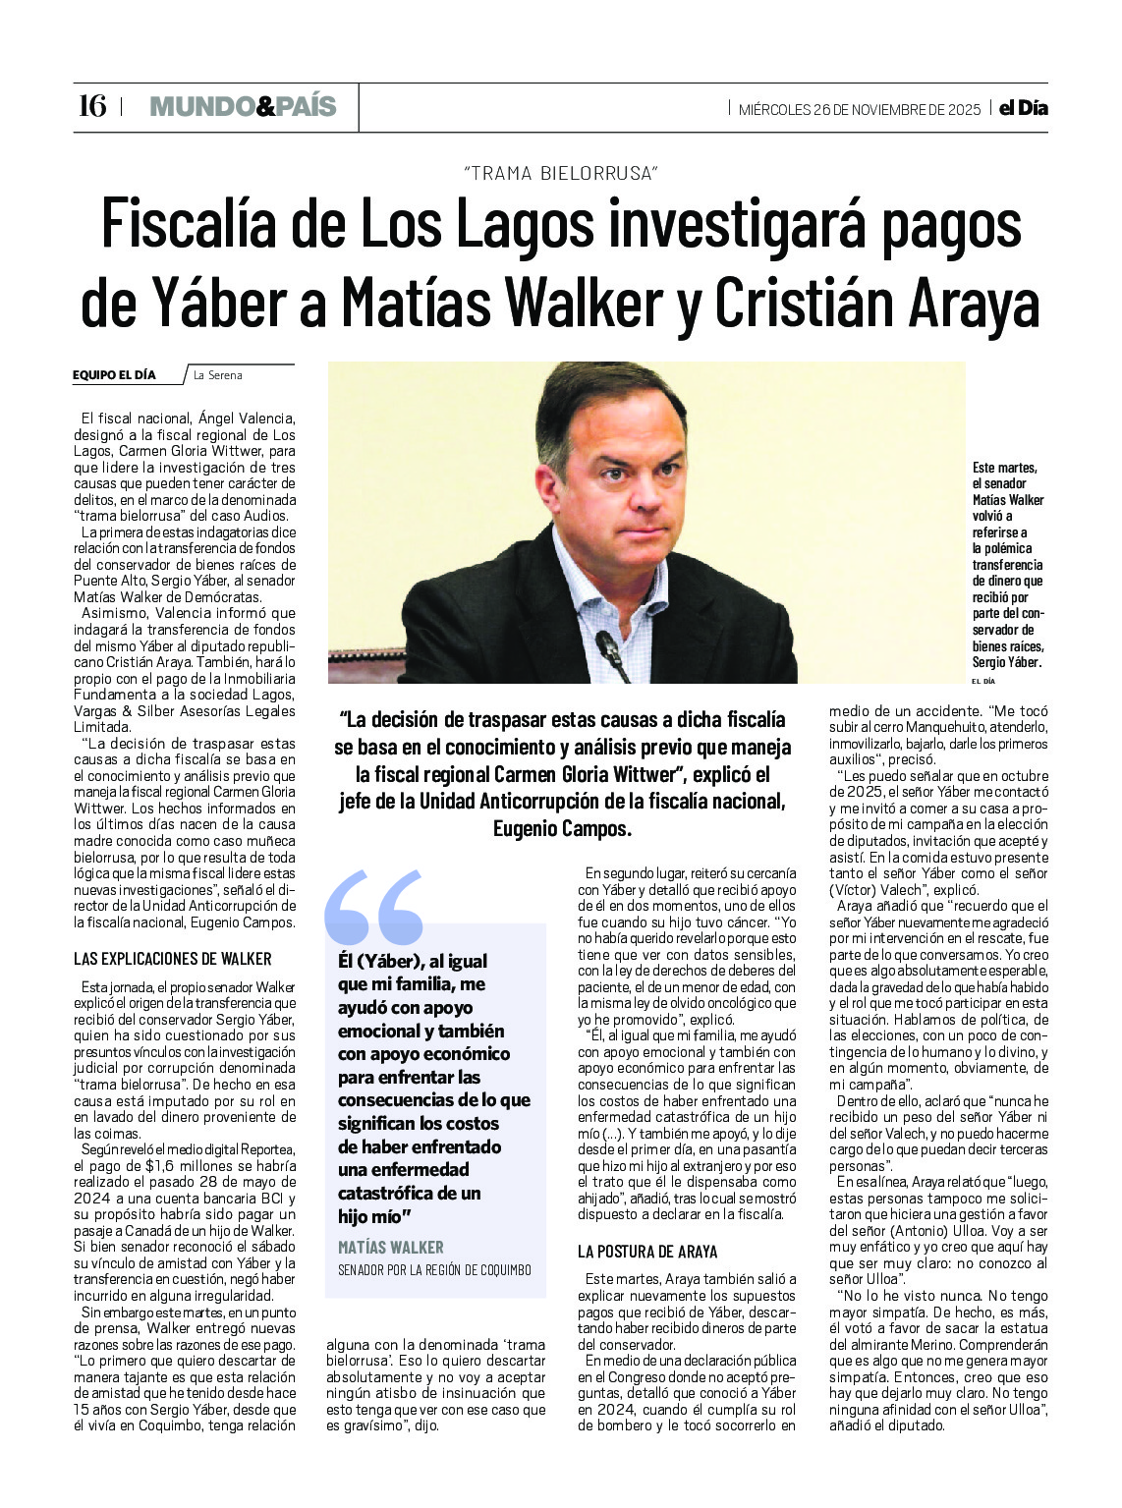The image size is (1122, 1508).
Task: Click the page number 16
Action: (x=91, y=106)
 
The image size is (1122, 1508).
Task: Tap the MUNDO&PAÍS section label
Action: (x=243, y=106)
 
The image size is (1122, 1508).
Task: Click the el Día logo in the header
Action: (x=1024, y=108)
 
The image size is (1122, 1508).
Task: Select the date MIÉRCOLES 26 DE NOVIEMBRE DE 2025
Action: (x=860, y=109)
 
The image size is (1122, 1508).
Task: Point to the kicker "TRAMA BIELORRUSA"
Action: (x=560, y=173)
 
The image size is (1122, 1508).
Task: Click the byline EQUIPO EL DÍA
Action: (x=114, y=374)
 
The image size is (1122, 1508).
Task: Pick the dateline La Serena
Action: (x=217, y=374)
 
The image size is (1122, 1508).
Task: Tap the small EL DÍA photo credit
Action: (x=982, y=681)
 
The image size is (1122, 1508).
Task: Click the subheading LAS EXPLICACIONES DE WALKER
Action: (x=173, y=959)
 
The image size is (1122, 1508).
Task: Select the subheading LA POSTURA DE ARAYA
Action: (x=647, y=1252)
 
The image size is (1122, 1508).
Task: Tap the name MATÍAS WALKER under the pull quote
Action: (x=390, y=1247)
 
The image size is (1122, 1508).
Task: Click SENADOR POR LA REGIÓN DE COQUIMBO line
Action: (x=434, y=1269)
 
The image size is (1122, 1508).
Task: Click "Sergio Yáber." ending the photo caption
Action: (x=1006, y=662)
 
